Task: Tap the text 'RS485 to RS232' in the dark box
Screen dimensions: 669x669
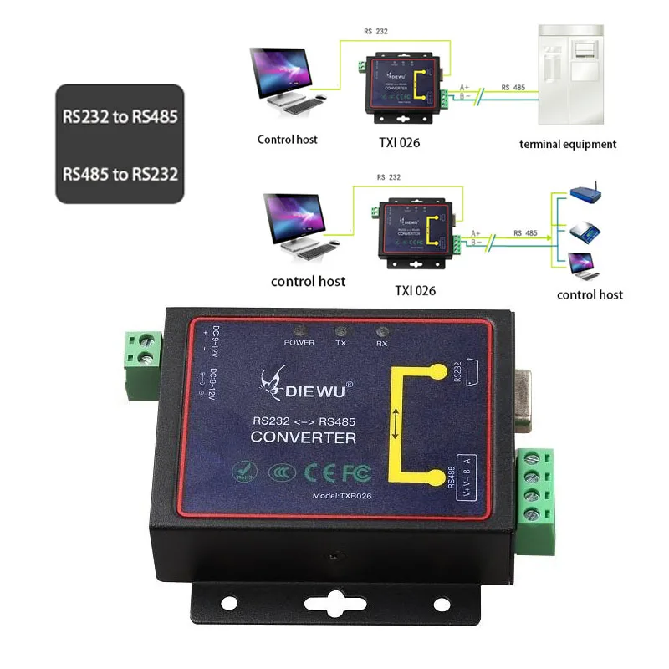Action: point(120,175)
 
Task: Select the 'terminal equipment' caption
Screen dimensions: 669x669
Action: point(568,144)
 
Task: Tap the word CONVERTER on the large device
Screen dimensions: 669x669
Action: point(303,437)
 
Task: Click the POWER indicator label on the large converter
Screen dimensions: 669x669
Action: point(299,343)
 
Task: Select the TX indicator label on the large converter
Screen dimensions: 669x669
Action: point(340,343)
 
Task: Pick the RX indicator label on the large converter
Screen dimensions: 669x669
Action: point(380,342)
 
